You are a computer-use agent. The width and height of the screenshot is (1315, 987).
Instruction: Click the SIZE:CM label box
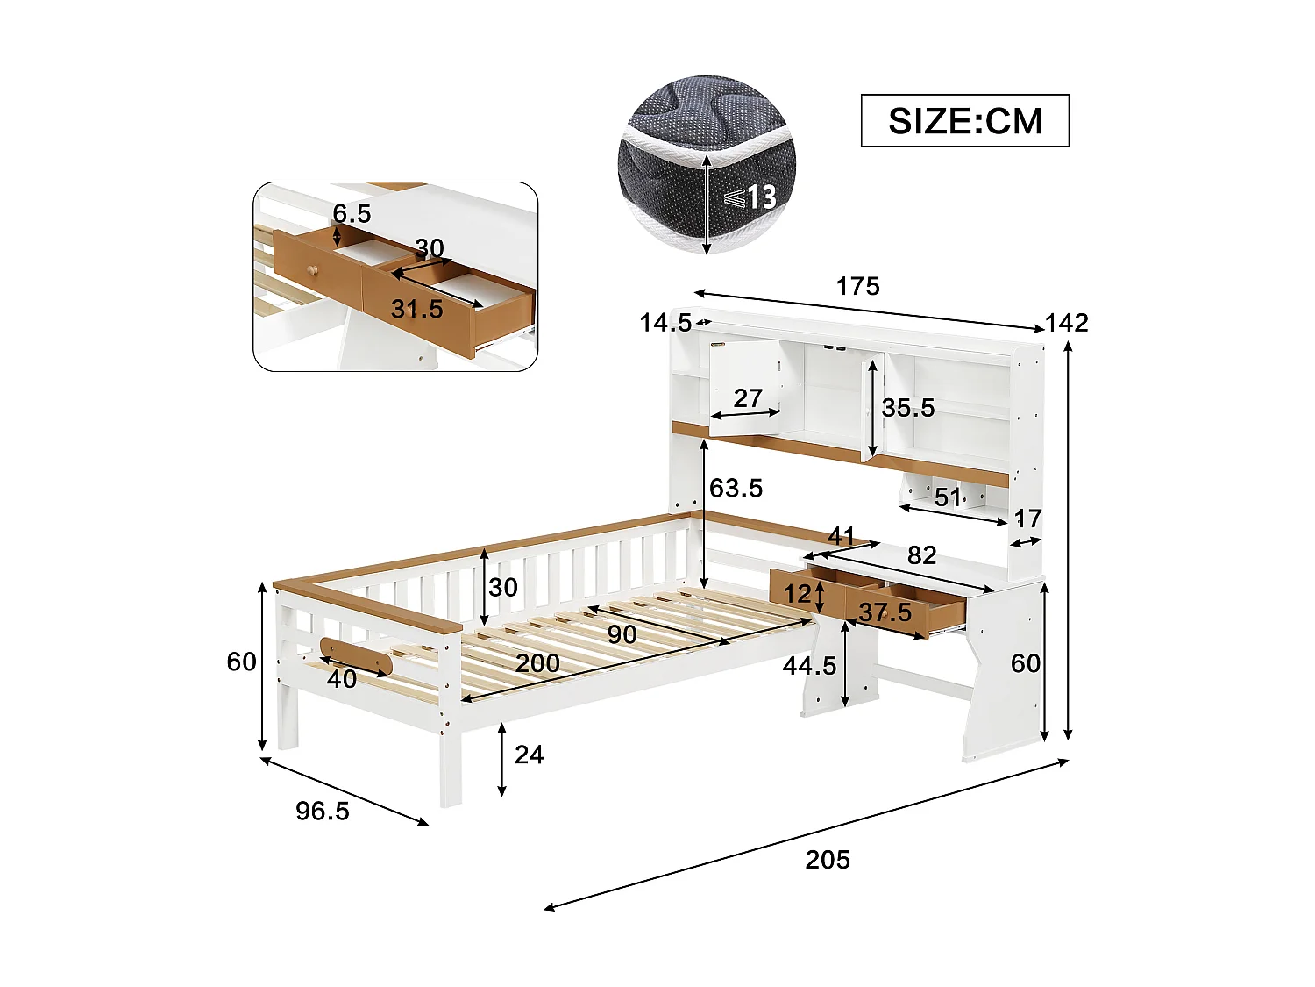tap(964, 120)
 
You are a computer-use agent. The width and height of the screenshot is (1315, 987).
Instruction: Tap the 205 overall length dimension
tap(828, 859)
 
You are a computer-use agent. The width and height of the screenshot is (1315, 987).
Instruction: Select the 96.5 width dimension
tap(322, 811)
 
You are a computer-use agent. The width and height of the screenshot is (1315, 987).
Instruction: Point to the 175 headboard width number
tap(857, 286)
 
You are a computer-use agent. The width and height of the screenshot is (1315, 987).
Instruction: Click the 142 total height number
tap(1066, 323)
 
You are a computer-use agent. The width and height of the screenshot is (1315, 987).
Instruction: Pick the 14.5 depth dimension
tap(665, 323)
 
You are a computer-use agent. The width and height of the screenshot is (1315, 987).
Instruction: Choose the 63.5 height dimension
tap(736, 488)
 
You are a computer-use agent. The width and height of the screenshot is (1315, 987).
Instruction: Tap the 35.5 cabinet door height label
tap(908, 407)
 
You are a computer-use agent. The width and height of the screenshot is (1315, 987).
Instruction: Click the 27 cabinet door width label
tap(748, 397)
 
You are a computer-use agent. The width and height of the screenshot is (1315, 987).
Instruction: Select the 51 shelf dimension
tap(948, 497)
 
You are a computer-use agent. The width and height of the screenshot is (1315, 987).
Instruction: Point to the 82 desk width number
tap(921, 554)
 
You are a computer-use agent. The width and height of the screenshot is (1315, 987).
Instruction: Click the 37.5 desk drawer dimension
tap(885, 612)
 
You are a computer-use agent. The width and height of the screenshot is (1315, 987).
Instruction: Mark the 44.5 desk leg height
tap(809, 666)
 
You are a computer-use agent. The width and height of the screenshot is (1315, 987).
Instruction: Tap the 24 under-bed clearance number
tap(529, 755)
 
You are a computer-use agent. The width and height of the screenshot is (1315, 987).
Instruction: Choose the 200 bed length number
tap(537, 662)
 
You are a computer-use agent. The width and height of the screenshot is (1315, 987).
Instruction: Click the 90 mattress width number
tap(622, 633)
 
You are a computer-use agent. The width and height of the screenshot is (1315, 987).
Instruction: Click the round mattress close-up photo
tap(707, 164)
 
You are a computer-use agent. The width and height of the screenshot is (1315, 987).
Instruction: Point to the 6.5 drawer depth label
tap(352, 213)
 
